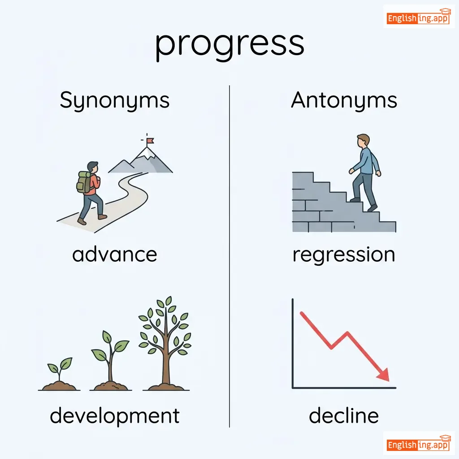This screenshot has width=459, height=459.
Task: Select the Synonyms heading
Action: pos(114,101)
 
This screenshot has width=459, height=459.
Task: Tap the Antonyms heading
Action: pos(344,100)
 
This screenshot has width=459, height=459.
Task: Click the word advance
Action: pos(114,254)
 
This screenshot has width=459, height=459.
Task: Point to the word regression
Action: pos(344,255)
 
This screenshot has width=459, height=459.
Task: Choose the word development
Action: pos(114,416)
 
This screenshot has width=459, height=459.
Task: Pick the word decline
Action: pos(344,415)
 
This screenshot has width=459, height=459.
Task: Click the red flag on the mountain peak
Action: pos(150,141)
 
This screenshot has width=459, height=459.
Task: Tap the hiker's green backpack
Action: pos(84,182)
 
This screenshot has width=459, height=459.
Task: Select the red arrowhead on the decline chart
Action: pos(384,375)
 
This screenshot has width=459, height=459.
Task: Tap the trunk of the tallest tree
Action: pos(166,360)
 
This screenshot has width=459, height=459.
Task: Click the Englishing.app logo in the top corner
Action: pos(418,17)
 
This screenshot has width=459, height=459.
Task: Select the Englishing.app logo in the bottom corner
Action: pos(418,443)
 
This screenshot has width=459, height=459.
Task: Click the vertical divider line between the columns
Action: pos(229,256)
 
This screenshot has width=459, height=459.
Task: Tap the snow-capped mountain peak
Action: pos(147,153)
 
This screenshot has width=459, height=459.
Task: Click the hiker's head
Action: pos(93,168)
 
